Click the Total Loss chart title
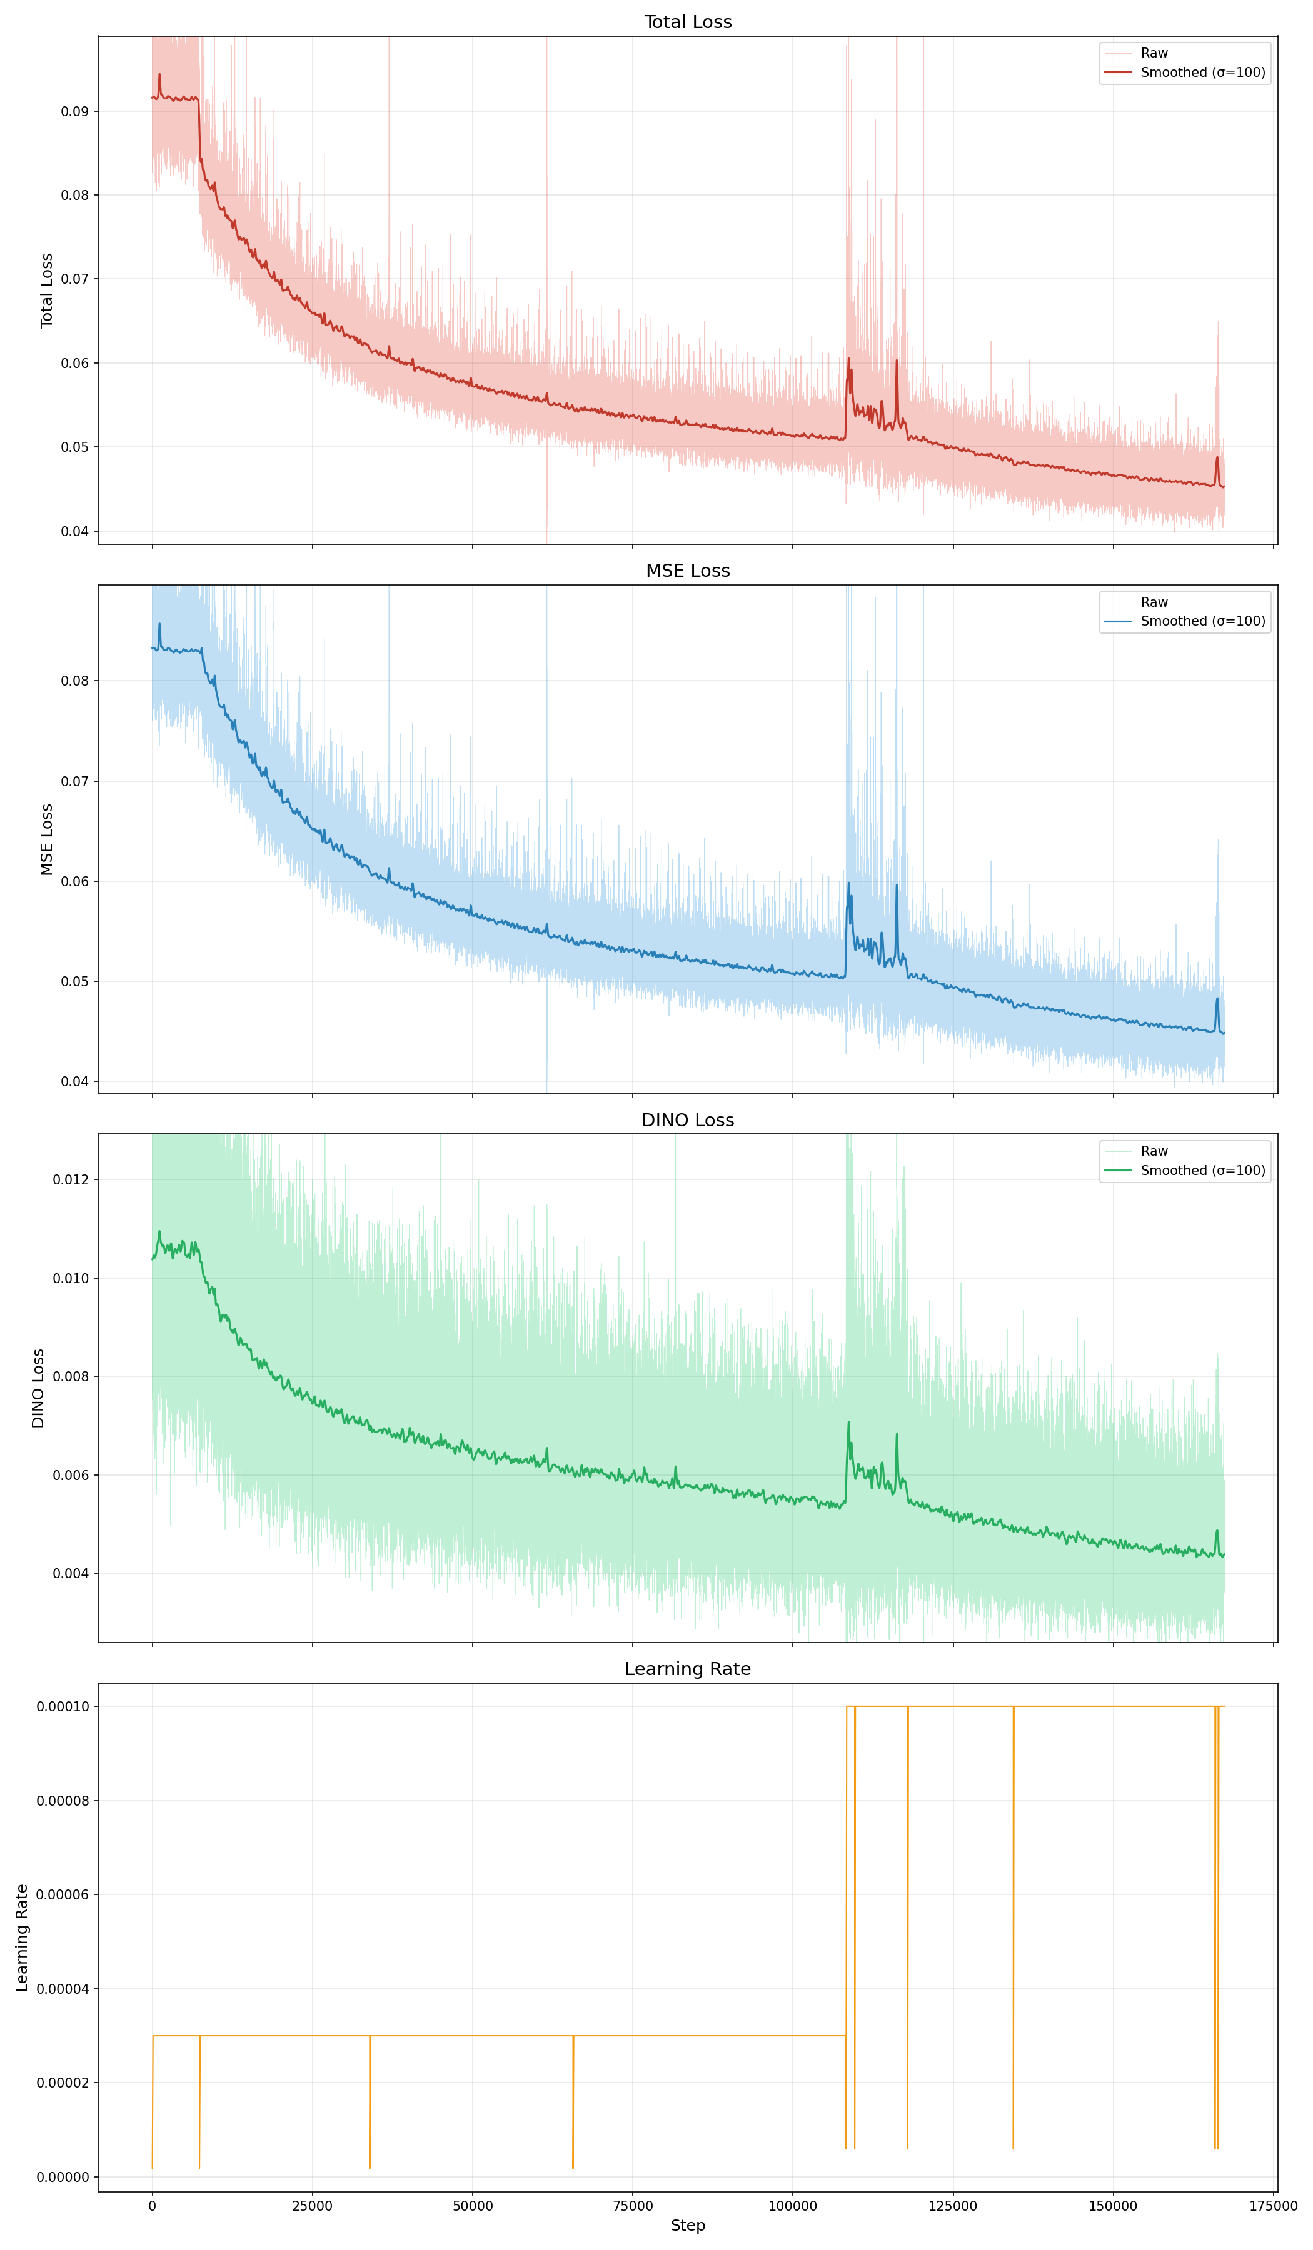688,21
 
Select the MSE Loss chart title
688,571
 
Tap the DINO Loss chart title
688,1119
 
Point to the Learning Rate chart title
688,1669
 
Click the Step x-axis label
688,2225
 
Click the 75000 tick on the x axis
632,2206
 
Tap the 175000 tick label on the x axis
1273,2206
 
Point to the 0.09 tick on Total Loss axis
75,112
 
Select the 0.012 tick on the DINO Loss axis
71,1179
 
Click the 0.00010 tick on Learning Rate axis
63,1706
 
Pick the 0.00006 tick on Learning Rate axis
63,1894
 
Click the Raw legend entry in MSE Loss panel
1154,602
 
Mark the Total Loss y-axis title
46,290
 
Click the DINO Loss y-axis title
38,1387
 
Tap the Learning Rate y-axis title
23,1937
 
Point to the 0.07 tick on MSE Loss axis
75,781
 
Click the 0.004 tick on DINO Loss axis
71,1573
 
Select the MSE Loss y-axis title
46,839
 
